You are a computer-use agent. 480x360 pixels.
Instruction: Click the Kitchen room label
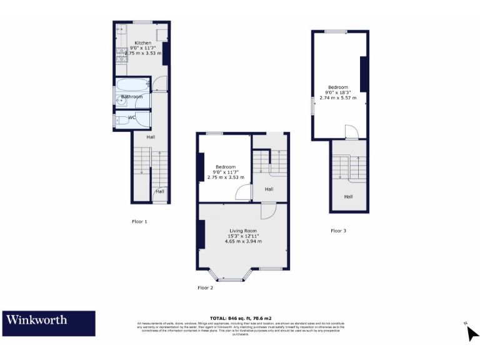[142, 43]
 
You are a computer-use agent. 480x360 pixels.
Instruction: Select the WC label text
[132, 117]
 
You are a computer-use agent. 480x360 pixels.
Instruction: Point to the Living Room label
[242, 231]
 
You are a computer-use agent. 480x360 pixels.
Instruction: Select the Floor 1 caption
[139, 222]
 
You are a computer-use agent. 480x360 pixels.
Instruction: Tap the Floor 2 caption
[205, 287]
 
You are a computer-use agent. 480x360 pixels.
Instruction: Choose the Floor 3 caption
[338, 231]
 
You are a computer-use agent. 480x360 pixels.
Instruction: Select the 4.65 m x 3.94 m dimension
[242, 241]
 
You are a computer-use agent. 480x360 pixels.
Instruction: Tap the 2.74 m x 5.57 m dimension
[337, 97]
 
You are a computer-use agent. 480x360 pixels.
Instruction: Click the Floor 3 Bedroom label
[337, 87]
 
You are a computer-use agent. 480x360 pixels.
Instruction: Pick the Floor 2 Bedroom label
[226, 167]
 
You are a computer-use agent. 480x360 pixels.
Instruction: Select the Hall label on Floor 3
[348, 196]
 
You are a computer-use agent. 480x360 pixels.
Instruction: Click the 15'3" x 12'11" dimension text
[242, 236]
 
